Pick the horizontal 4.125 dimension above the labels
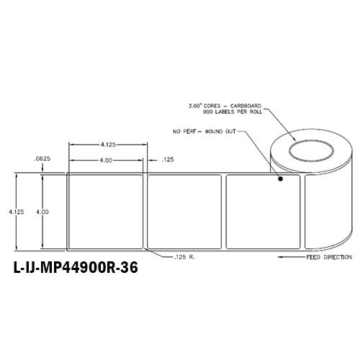click(x=109, y=143)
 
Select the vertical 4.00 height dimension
click(x=44, y=212)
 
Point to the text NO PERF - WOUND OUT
click(x=204, y=132)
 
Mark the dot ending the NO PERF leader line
click(x=281, y=182)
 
